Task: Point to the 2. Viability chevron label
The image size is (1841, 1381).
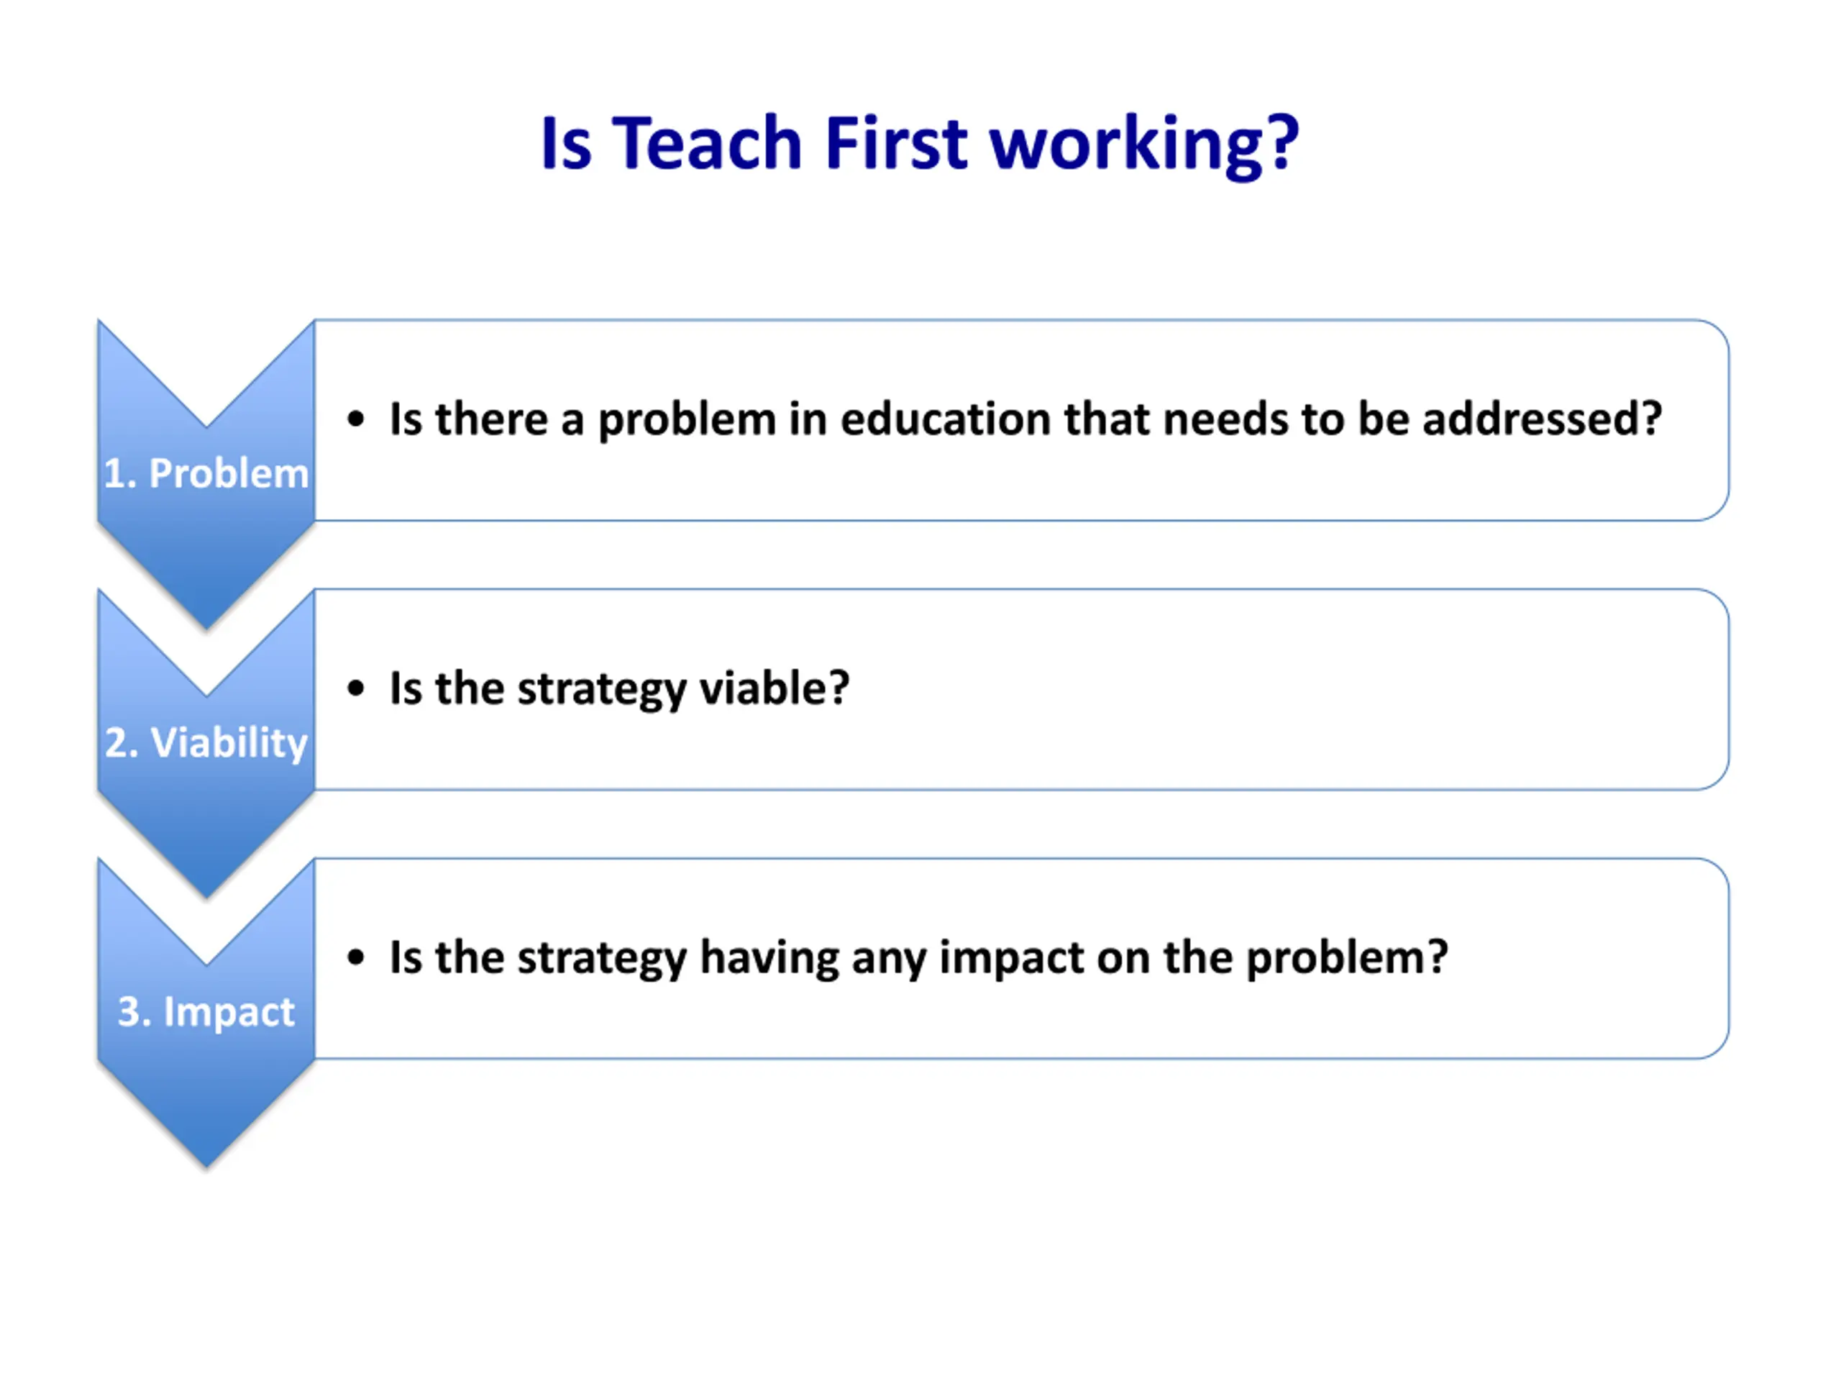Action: (206, 742)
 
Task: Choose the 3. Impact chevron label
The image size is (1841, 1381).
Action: (206, 1012)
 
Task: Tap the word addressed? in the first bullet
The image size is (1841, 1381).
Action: (1541, 419)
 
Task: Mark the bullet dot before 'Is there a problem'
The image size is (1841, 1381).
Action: (356, 419)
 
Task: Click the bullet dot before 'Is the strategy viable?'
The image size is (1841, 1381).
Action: (356, 689)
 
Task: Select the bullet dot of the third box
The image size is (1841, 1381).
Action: (356, 958)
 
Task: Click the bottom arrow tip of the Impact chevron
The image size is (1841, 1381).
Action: (206, 1167)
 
